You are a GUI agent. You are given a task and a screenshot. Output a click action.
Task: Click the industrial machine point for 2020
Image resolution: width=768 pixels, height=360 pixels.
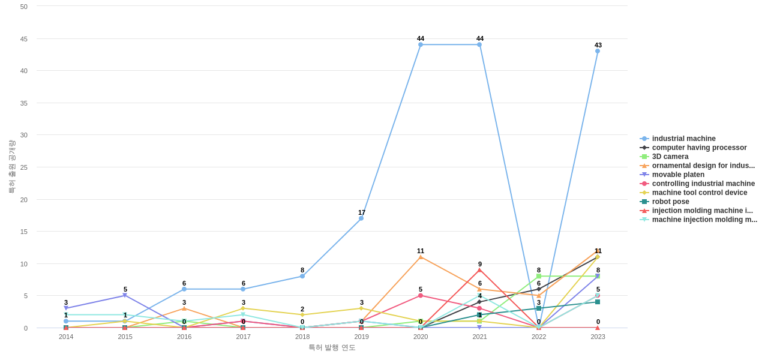tap(421, 44)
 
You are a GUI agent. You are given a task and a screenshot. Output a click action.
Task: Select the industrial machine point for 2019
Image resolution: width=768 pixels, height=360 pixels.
tap(361, 218)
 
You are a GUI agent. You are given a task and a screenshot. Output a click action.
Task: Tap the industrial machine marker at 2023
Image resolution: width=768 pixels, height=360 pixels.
tap(598, 51)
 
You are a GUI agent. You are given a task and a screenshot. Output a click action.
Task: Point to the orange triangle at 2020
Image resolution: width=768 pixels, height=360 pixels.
tap(421, 257)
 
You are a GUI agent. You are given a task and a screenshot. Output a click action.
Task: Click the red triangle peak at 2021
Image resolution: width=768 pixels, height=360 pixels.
tap(479, 270)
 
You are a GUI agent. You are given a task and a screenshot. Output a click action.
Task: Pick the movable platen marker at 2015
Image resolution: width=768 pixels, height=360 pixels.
tap(125, 295)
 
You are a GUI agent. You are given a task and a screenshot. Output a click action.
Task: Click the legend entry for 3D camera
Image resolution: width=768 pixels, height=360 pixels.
tap(670, 157)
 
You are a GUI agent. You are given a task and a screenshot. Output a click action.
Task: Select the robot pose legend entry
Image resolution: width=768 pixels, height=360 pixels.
tap(670, 202)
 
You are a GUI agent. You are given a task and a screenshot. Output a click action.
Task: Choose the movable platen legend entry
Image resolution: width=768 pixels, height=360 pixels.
tap(678, 175)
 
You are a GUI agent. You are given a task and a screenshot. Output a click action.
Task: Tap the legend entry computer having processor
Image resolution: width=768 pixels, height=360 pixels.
tap(699, 148)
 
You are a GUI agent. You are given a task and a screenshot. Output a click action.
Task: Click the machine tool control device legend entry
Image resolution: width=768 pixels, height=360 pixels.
tap(699, 193)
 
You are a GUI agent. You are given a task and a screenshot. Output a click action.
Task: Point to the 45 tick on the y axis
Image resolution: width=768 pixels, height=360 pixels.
tap(24, 39)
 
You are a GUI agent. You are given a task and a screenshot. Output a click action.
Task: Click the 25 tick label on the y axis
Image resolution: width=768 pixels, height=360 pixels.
tap(24, 167)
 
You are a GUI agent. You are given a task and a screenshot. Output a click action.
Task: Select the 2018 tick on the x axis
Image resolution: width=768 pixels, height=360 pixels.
tap(302, 337)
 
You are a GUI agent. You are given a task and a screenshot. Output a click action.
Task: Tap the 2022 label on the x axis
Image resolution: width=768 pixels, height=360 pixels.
tap(539, 337)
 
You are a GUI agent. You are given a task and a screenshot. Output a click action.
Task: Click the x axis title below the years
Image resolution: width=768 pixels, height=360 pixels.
tap(332, 347)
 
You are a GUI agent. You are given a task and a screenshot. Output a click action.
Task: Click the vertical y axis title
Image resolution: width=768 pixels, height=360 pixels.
tap(11, 167)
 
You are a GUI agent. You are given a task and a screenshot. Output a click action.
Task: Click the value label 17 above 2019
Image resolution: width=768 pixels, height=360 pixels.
tap(362, 212)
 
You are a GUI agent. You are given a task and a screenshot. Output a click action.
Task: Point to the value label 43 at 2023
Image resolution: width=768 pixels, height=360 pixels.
tap(598, 45)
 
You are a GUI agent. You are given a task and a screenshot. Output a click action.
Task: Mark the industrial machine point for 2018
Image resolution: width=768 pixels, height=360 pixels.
tap(302, 276)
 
